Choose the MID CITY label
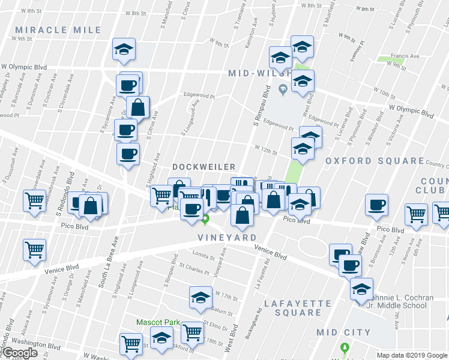[344, 332]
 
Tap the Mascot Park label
[158, 322]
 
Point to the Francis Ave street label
[405, 56]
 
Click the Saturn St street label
[221, 311]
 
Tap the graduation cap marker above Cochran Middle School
[361, 289]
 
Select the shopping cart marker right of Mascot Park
[192, 331]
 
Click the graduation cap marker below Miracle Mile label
[124, 50]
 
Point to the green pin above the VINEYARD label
[205, 220]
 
